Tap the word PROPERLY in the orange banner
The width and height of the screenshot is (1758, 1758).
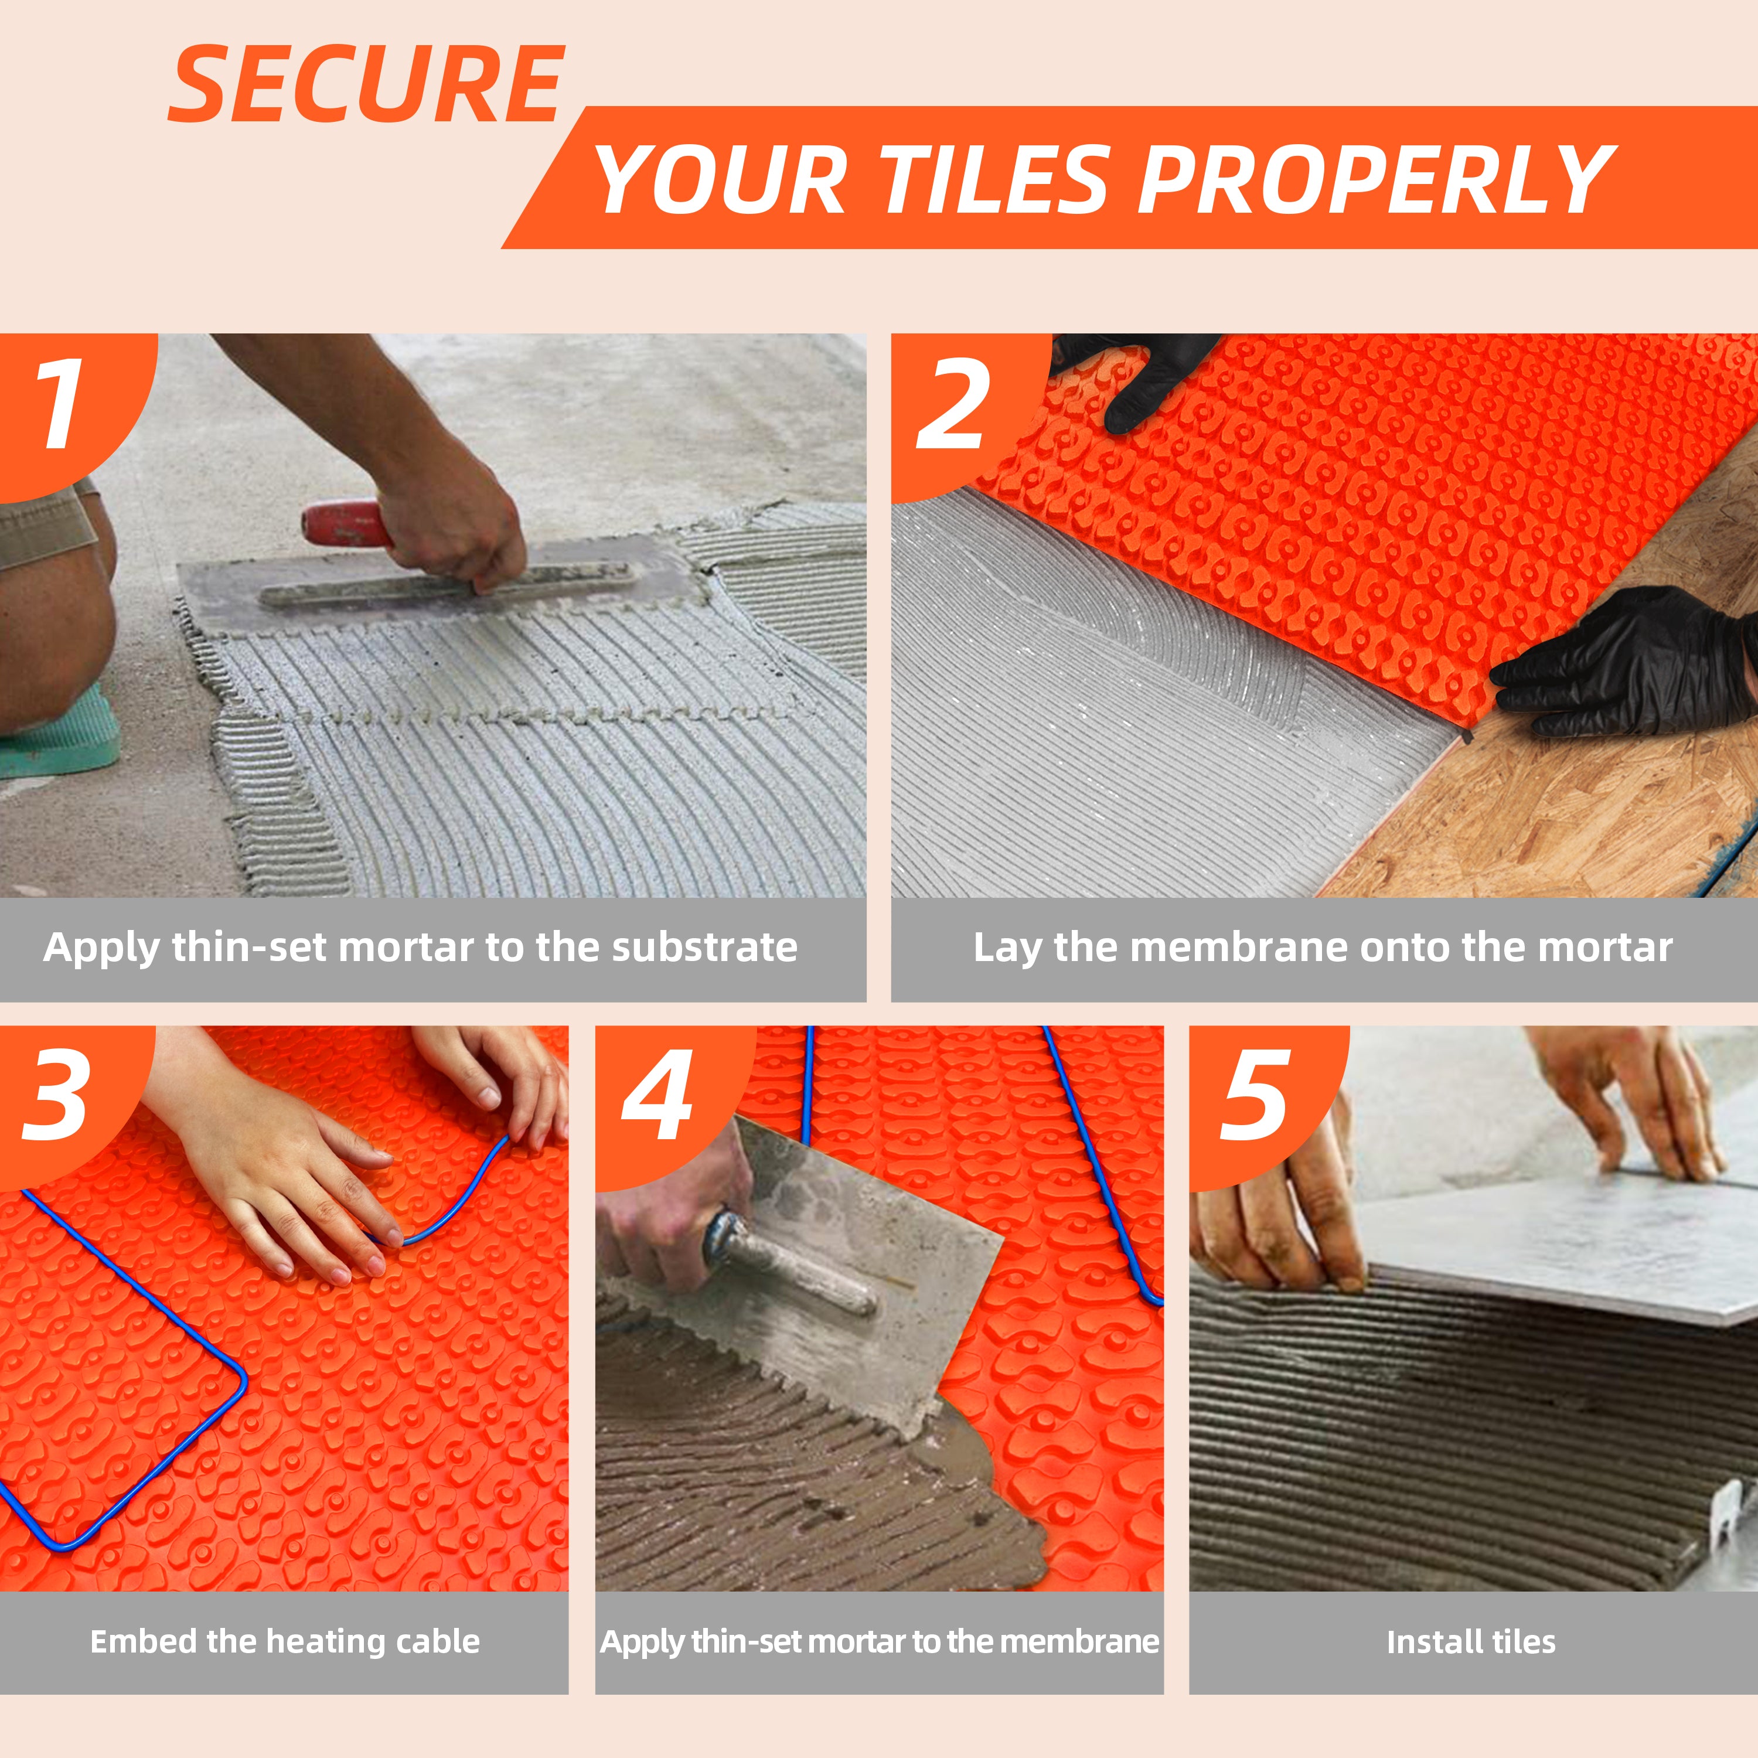[x=1376, y=180]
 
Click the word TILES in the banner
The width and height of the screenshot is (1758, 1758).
[x=993, y=180]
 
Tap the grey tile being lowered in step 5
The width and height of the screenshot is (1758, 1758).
[x=1556, y=1246]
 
